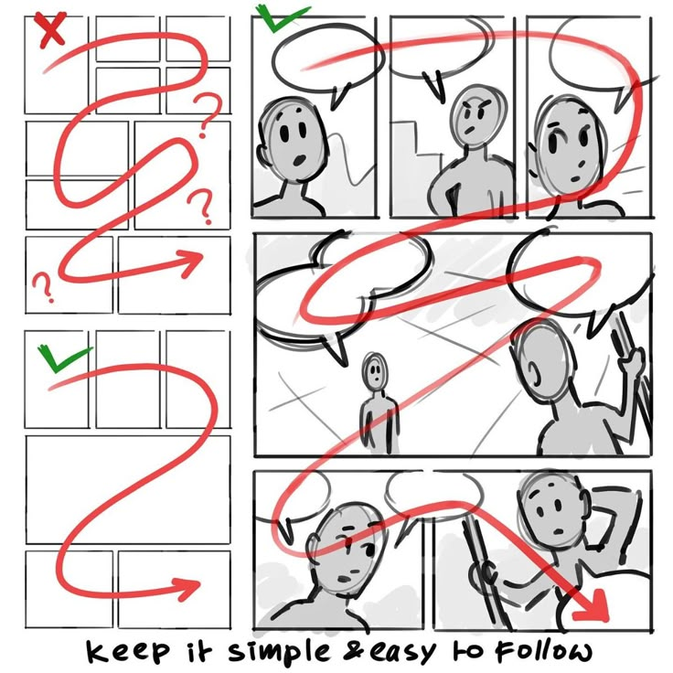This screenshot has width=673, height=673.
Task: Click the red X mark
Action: click(53, 29)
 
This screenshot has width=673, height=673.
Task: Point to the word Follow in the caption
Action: click(543, 651)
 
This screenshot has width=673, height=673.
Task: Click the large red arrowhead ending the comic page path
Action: click(592, 606)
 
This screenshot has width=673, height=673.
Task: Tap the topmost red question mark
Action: click(208, 113)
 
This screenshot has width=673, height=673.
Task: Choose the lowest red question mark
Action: click(43, 287)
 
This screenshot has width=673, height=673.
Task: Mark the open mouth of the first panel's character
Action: click(299, 161)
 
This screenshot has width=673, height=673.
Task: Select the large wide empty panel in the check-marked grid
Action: click(128, 490)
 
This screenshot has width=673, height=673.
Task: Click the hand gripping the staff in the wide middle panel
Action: click(631, 361)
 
